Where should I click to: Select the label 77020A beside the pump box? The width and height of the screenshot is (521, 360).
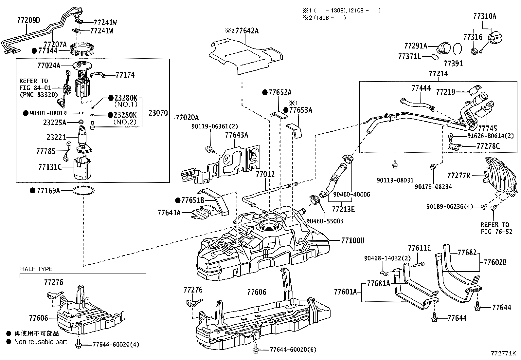187,117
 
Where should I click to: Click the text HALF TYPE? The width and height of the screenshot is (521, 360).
36,269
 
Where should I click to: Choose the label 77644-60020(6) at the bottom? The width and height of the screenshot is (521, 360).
293,350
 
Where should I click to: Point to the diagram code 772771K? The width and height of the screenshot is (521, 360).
503,353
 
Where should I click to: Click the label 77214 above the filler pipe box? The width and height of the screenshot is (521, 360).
438,74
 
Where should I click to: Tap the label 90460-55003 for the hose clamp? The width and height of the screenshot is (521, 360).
325,221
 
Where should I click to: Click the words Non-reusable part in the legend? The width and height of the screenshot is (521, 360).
40,342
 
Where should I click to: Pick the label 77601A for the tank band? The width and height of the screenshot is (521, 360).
345,291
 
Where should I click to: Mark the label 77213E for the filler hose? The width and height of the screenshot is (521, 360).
343,209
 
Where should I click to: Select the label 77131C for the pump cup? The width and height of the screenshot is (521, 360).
50,167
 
